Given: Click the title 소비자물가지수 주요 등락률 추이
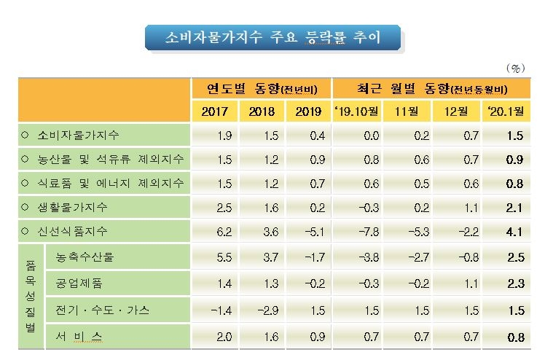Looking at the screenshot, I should click(272, 36).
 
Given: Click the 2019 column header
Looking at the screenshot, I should click(308, 112).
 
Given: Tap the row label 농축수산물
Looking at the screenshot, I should click(86, 257).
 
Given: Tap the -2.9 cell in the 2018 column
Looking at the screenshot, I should click(270, 310).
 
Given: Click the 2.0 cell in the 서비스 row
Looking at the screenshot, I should click(224, 336).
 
